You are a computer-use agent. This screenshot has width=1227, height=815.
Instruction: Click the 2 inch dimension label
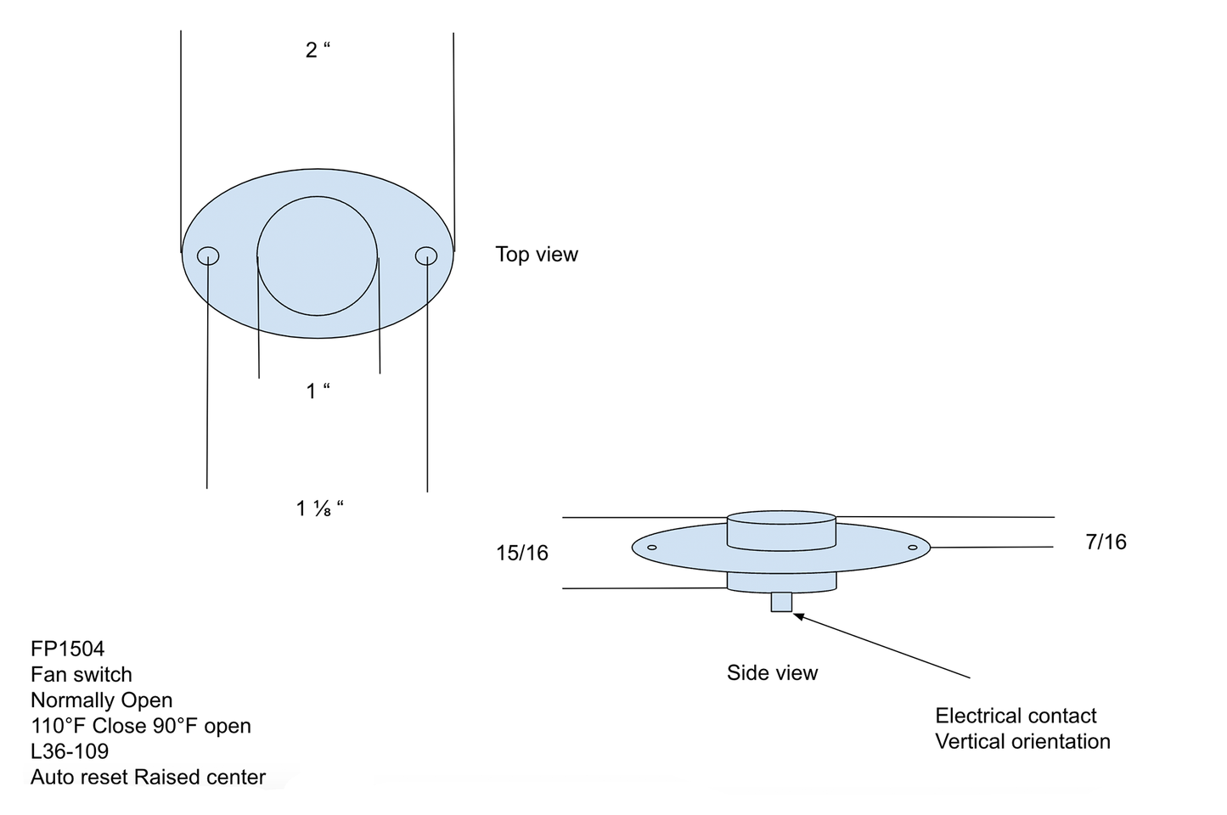pyautogui.click(x=318, y=50)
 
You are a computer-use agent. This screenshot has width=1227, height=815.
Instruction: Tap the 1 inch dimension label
pyautogui.click(x=318, y=391)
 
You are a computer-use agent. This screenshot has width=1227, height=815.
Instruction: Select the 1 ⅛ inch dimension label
pyautogui.click(x=319, y=509)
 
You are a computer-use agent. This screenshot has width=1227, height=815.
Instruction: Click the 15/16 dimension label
pyautogui.click(x=522, y=554)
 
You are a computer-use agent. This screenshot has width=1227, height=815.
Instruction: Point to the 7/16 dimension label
pyautogui.click(x=1106, y=542)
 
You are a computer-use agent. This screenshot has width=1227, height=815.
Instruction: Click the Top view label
pyautogui.click(x=536, y=255)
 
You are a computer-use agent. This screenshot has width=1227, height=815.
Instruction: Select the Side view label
pyautogui.click(x=772, y=673)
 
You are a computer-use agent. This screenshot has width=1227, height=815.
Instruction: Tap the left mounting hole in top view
pyautogui.click(x=208, y=256)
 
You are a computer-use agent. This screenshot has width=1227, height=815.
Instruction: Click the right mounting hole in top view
pyautogui.click(x=426, y=256)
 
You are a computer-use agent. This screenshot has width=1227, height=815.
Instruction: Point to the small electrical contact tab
pyautogui.click(x=781, y=602)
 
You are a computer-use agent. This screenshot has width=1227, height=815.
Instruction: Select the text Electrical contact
pyautogui.click(x=1016, y=716)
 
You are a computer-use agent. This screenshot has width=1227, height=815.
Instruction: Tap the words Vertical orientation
pyautogui.click(x=1022, y=741)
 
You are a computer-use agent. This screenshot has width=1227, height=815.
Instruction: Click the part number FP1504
pyautogui.click(x=68, y=649)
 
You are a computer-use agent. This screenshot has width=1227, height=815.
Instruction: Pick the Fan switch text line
pyautogui.click(x=82, y=675)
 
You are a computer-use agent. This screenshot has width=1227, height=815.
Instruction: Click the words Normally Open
pyautogui.click(x=102, y=700)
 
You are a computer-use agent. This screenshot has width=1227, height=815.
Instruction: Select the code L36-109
pyautogui.click(x=70, y=751)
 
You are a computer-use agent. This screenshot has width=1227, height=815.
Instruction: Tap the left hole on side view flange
pyautogui.click(x=652, y=548)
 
